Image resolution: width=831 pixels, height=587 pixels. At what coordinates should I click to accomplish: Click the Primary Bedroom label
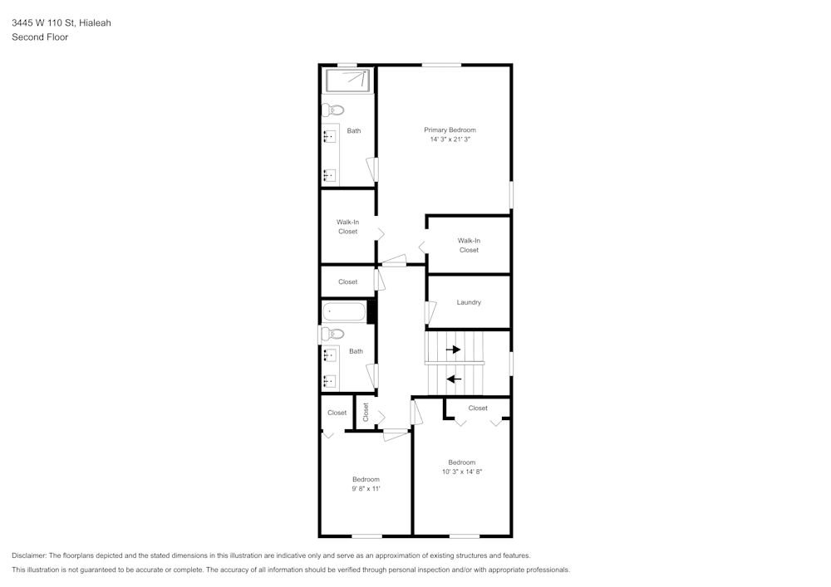(x=450, y=130)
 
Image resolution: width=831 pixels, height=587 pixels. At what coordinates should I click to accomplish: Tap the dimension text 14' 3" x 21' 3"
(x=450, y=139)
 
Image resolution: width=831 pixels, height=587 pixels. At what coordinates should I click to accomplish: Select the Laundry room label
(x=469, y=302)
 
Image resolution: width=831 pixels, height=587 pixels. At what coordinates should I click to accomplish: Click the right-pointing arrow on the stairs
(x=453, y=350)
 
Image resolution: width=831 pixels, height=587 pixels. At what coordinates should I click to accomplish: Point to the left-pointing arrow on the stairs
(x=454, y=379)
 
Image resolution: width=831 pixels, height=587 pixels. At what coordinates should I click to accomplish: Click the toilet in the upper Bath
(x=333, y=110)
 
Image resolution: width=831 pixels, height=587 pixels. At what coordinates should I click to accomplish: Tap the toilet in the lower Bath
(x=332, y=334)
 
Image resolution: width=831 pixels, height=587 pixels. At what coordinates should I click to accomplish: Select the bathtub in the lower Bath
(x=345, y=311)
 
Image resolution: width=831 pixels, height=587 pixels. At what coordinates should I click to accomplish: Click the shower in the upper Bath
(x=347, y=81)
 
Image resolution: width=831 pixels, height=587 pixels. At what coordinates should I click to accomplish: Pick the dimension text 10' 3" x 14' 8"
(x=461, y=472)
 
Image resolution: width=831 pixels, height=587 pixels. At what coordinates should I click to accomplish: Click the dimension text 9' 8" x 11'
(x=366, y=488)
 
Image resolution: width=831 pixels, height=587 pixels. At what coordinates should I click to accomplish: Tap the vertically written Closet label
(x=365, y=413)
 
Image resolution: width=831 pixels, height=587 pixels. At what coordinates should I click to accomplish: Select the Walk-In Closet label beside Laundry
(x=469, y=245)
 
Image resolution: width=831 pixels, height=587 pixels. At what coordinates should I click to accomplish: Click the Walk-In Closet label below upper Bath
(x=347, y=227)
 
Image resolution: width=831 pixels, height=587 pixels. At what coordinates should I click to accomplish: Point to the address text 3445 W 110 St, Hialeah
(x=61, y=22)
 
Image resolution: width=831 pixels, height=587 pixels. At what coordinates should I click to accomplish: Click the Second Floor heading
(x=40, y=37)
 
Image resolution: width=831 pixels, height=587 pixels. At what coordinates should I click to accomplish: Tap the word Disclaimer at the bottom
(x=29, y=555)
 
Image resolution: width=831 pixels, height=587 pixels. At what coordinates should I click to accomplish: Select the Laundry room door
(x=430, y=312)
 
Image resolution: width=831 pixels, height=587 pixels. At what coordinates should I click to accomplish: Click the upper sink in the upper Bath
(x=330, y=136)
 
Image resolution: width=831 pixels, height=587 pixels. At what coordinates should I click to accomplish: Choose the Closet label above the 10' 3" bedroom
(x=478, y=408)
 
